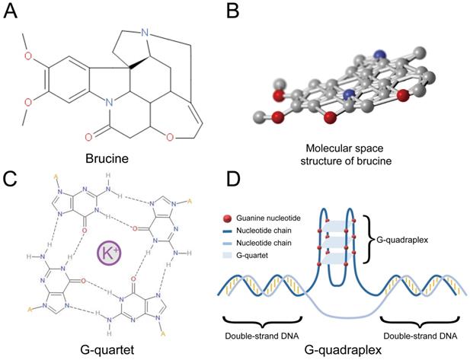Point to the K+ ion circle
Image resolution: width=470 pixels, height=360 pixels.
(x=108, y=252)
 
